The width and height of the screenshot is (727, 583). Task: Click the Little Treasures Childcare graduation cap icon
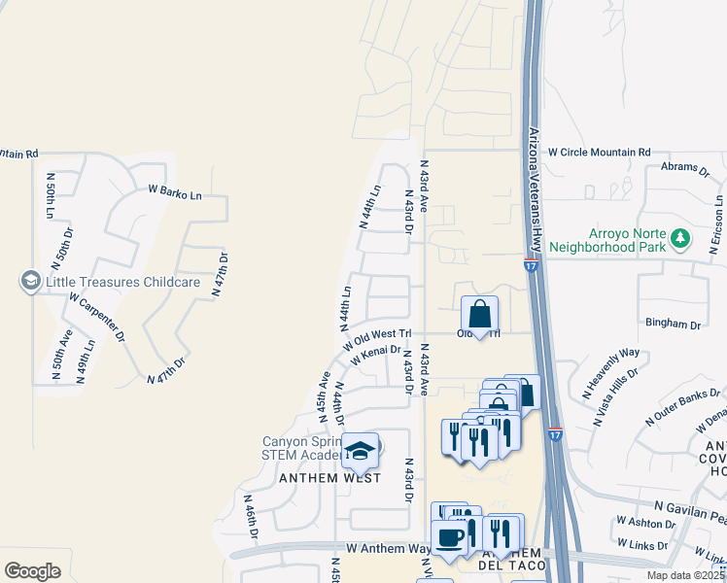click(30, 282)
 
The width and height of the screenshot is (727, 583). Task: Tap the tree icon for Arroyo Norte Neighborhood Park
click(681, 237)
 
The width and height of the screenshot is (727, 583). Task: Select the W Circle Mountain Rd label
click(599, 153)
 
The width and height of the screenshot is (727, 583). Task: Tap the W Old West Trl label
click(378, 335)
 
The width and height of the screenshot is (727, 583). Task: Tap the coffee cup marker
click(449, 537)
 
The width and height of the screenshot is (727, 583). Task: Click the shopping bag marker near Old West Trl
click(480, 314)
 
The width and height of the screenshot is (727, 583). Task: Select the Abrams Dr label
click(686, 167)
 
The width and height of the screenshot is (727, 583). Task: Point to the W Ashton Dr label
click(645, 523)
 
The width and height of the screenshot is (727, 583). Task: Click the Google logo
click(32, 571)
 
